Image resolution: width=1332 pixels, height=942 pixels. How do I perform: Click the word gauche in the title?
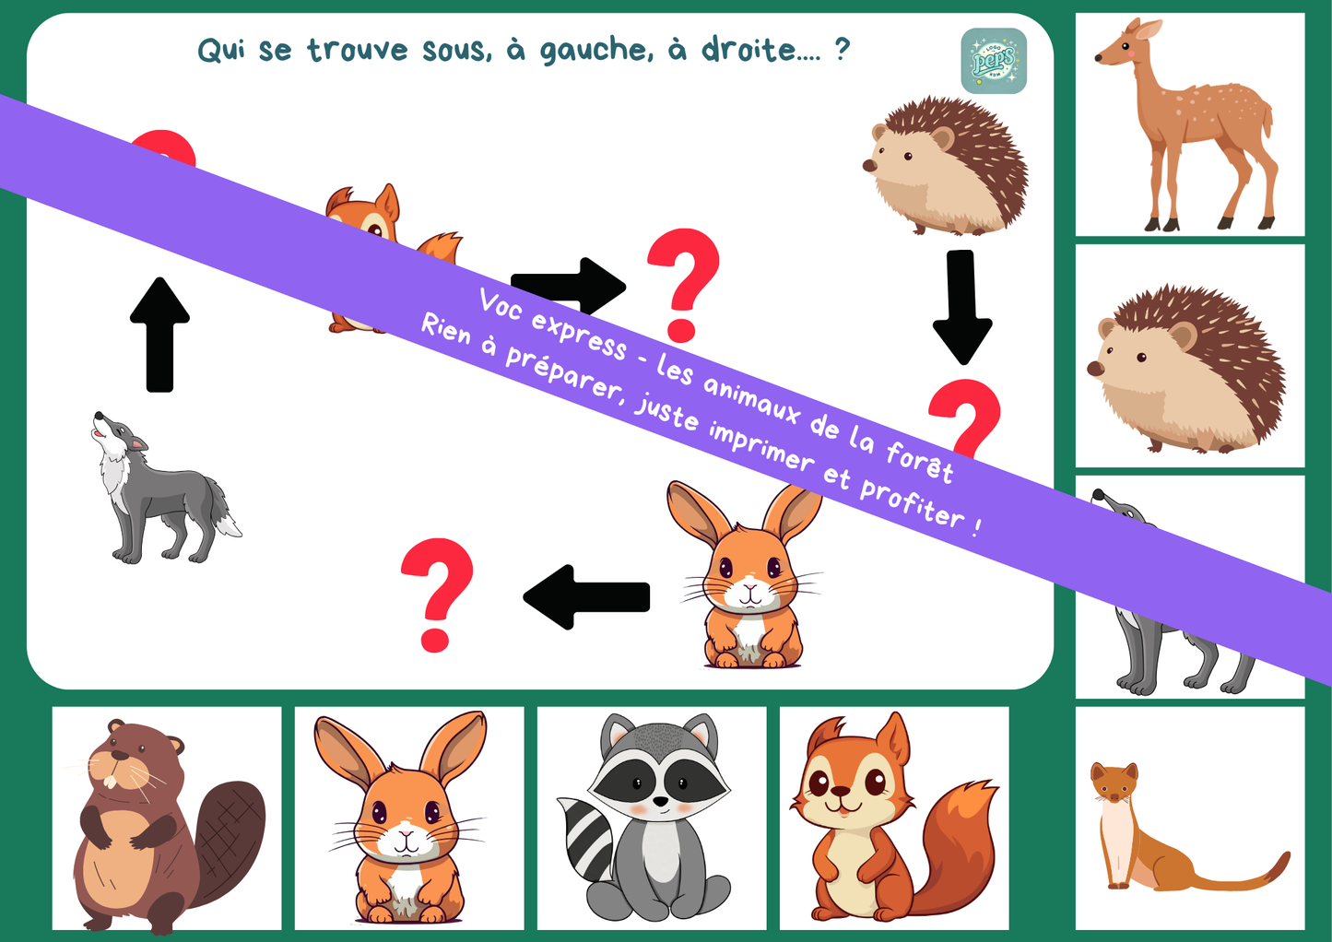(595, 50)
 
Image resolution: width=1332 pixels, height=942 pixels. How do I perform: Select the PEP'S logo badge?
(994, 61)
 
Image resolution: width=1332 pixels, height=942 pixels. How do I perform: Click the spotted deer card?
(1190, 124)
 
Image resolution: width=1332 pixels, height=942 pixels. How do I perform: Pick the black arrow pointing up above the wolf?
(160, 335)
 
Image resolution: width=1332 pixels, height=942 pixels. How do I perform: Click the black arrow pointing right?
(569, 287)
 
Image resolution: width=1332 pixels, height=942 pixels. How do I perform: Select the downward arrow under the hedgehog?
(962, 307)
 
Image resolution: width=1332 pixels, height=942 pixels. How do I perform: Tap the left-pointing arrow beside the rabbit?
(586, 597)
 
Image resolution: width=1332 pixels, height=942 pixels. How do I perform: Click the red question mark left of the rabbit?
(437, 595)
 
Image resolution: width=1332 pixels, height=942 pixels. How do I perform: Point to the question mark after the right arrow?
(683, 286)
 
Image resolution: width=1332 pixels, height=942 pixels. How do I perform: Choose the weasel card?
(1190, 818)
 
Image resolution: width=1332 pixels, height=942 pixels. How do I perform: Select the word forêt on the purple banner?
(919, 463)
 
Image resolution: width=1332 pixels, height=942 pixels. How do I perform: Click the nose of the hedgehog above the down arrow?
(868, 165)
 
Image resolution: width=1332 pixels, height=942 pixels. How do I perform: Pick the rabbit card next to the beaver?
(409, 818)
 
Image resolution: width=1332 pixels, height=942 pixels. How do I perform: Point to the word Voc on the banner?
(500, 304)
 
